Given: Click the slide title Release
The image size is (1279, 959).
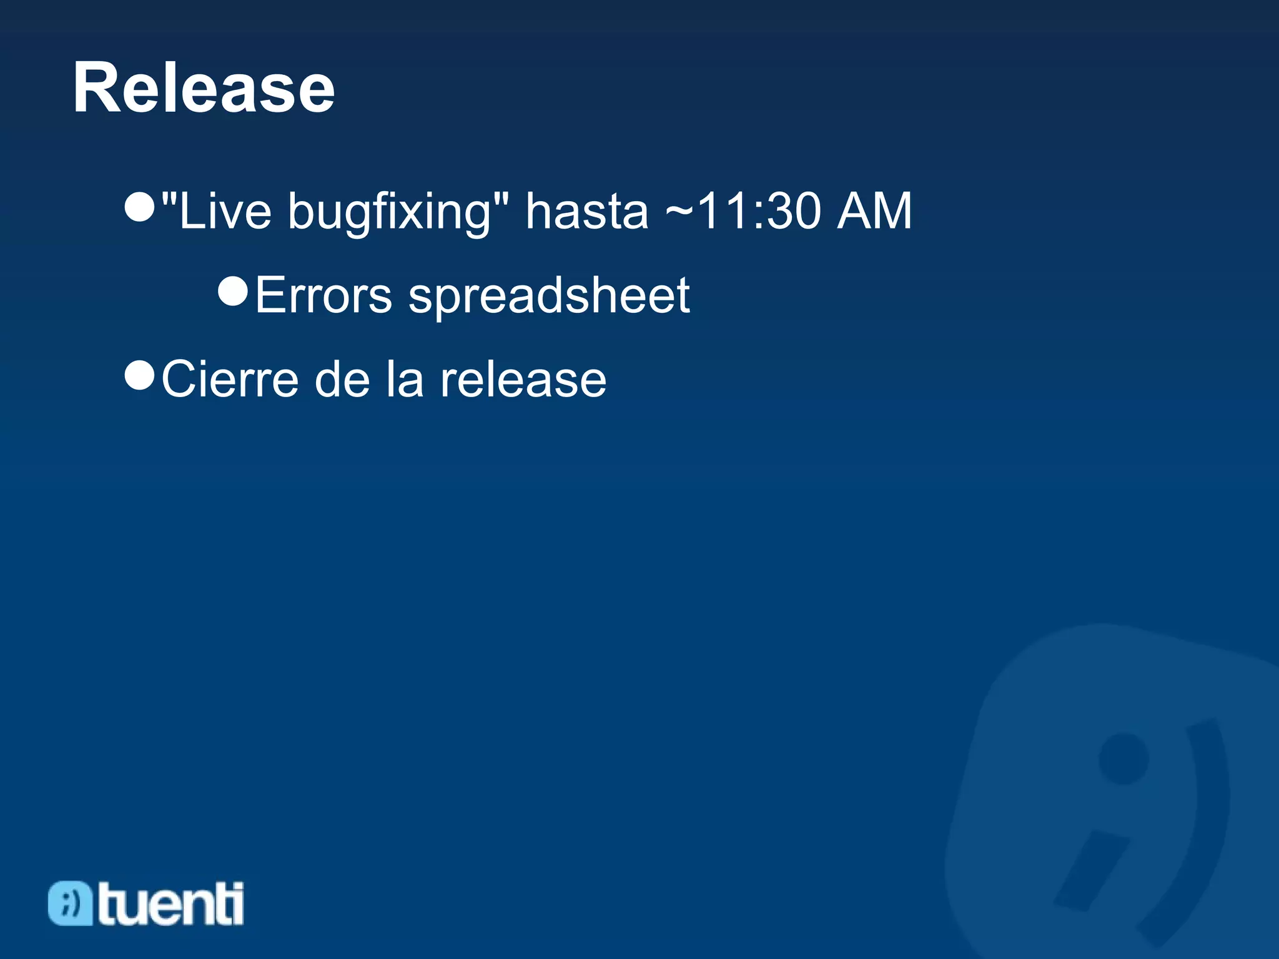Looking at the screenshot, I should [204, 88].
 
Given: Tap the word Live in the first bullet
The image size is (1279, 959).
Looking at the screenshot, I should [225, 211].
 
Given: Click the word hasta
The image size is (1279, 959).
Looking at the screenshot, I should [586, 211].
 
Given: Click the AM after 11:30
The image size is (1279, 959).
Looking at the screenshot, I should [874, 211].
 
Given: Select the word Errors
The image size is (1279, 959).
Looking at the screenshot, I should [323, 295].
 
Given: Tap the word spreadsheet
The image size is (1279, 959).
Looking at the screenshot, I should [549, 296].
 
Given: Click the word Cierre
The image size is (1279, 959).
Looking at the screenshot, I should [230, 379].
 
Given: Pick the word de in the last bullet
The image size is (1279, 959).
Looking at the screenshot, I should [342, 379].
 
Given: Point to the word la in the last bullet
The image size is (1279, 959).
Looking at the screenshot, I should [405, 379].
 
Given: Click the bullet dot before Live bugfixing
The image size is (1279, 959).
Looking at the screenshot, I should [139, 207].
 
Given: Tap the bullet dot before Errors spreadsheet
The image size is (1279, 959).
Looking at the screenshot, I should [233, 290].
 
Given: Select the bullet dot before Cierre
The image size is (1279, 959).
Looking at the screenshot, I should [139, 375].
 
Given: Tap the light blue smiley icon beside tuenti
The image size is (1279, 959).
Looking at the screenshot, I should [69, 903].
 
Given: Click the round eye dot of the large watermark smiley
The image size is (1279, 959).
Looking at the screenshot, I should [1123, 759].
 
